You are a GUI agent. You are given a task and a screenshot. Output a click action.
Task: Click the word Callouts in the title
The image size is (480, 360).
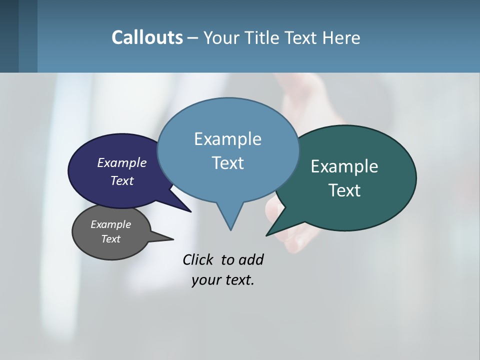click(147, 37)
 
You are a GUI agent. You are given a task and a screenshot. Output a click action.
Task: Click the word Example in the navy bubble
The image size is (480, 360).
click(122, 162)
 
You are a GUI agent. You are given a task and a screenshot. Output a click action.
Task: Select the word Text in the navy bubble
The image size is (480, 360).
click(122, 180)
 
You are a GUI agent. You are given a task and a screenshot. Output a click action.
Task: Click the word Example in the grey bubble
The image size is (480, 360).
click(110, 224)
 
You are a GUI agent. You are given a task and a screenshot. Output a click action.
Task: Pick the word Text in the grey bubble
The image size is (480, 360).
click(110, 239)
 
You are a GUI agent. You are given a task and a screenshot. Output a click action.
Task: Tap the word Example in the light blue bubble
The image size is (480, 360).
click(227, 139)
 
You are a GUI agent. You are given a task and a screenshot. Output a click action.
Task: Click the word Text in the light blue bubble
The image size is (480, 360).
click(227, 163)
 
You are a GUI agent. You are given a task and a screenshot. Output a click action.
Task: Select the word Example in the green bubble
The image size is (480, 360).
click(344, 166)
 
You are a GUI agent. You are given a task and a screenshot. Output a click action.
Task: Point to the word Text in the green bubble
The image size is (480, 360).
click(344, 190)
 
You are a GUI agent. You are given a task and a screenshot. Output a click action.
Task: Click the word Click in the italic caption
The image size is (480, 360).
click(198, 259)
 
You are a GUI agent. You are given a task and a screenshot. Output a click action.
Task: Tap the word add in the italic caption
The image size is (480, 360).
click(251, 259)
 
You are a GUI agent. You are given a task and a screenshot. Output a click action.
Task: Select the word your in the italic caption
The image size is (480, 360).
click(204, 280)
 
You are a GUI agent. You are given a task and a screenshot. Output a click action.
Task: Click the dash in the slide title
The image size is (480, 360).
click(193, 38)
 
